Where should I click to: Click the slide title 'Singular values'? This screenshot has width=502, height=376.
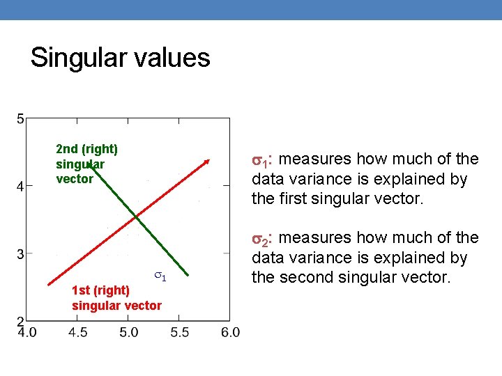pyautogui.click(x=120, y=58)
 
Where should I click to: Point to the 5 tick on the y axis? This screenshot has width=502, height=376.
pyautogui.click(x=20, y=119)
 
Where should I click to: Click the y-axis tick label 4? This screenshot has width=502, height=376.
pyautogui.click(x=20, y=186)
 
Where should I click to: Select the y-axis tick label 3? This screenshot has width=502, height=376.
pyautogui.click(x=20, y=253)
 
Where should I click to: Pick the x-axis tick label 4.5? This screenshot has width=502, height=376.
pyautogui.click(x=78, y=333)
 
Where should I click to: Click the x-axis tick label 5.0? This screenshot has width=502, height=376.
pyautogui.click(x=129, y=333)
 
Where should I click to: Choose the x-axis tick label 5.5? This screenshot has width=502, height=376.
pyautogui.click(x=179, y=333)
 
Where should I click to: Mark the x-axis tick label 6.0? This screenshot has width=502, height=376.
pyautogui.click(x=231, y=333)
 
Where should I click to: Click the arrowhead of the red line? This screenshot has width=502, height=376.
pyautogui.click(x=207, y=162)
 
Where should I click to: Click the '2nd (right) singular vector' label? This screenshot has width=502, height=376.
pyautogui.click(x=86, y=164)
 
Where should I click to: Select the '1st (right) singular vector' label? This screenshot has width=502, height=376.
pyautogui.click(x=116, y=297)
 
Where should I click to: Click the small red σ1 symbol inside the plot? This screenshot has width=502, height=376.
pyautogui.click(x=159, y=276)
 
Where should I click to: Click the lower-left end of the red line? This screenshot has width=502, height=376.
pyautogui.click(x=48, y=285)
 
